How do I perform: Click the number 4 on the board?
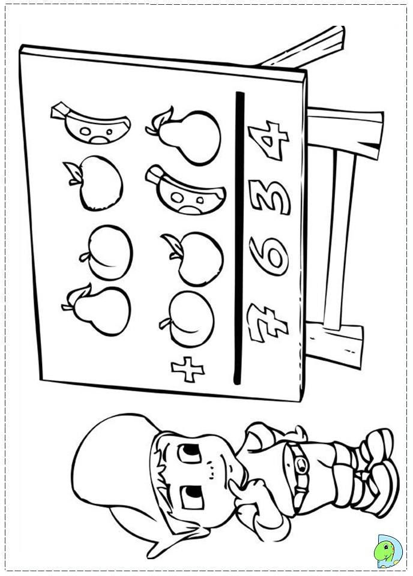point(268,140)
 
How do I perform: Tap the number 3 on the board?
point(270,197)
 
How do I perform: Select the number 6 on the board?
point(269,256)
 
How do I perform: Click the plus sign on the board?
point(188,369)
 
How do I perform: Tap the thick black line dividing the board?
point(239,238)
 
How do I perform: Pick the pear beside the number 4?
point(184,136)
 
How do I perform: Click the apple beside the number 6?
point(193,258)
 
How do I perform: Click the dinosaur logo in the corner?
point(388,551)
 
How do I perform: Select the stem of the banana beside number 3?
point(154,175)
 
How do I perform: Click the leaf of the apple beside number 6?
point(173,244)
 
